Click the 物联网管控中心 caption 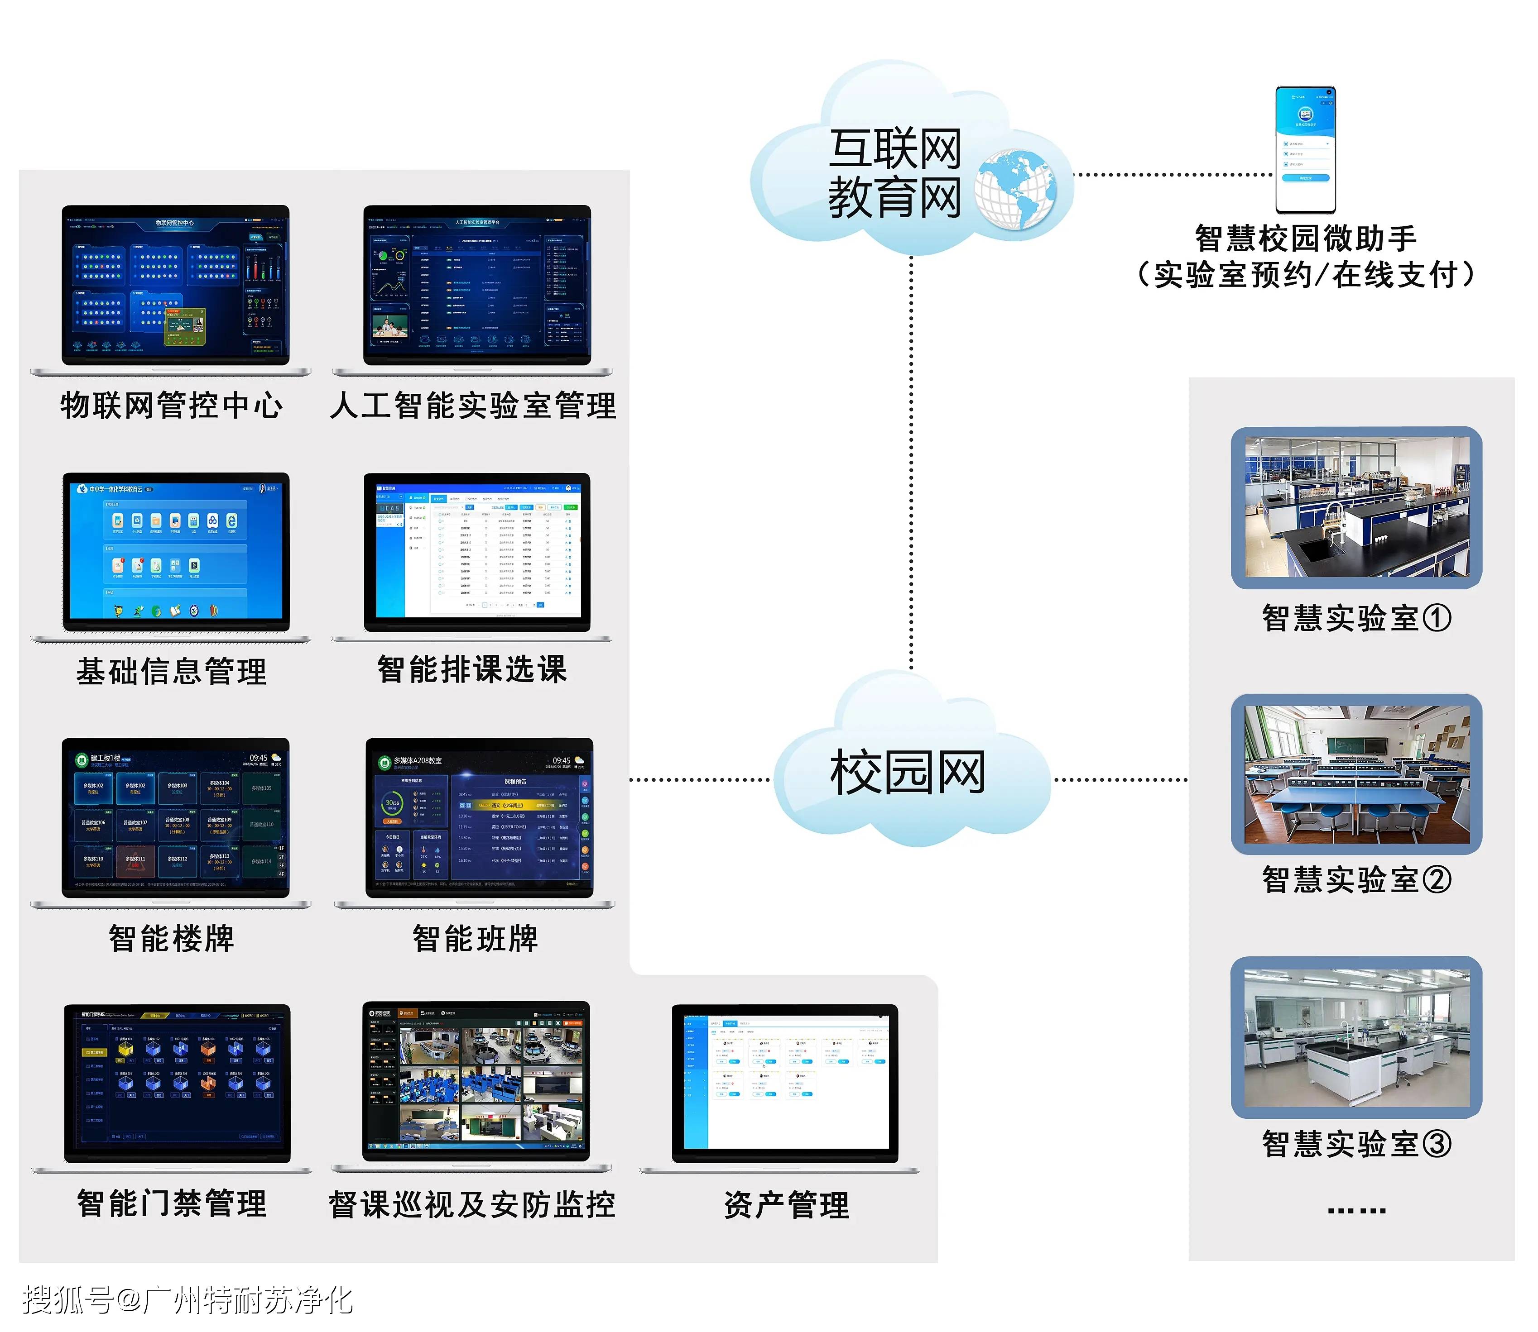coord(171,405)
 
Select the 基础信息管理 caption coord(171,671)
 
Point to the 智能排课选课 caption coord(472,669)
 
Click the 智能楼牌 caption coord(171,938)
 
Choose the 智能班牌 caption coord(475,938)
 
